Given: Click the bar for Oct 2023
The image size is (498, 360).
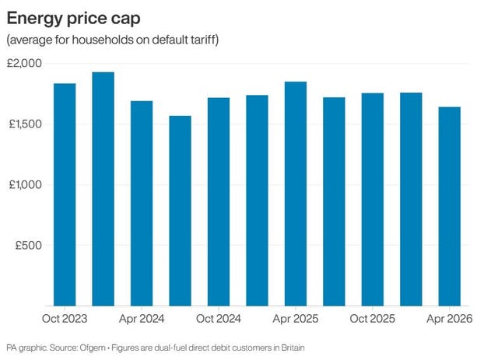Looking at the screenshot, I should [65, 194].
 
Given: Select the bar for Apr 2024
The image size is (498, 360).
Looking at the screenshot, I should [142, 203].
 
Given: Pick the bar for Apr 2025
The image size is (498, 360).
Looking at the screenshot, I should [296, 194].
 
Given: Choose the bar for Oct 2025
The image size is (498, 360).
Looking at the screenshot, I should [373, 199].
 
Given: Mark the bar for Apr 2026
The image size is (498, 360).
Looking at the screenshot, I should [450, 206].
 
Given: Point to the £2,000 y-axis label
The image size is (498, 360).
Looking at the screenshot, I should [26, 63].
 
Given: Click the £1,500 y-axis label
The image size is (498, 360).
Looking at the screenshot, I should [26, 124].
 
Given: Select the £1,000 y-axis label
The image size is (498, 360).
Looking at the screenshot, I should [26, 184].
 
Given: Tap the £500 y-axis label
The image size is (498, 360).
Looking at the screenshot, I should [30, 245].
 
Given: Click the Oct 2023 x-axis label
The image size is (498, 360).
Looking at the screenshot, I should [65, 318].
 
